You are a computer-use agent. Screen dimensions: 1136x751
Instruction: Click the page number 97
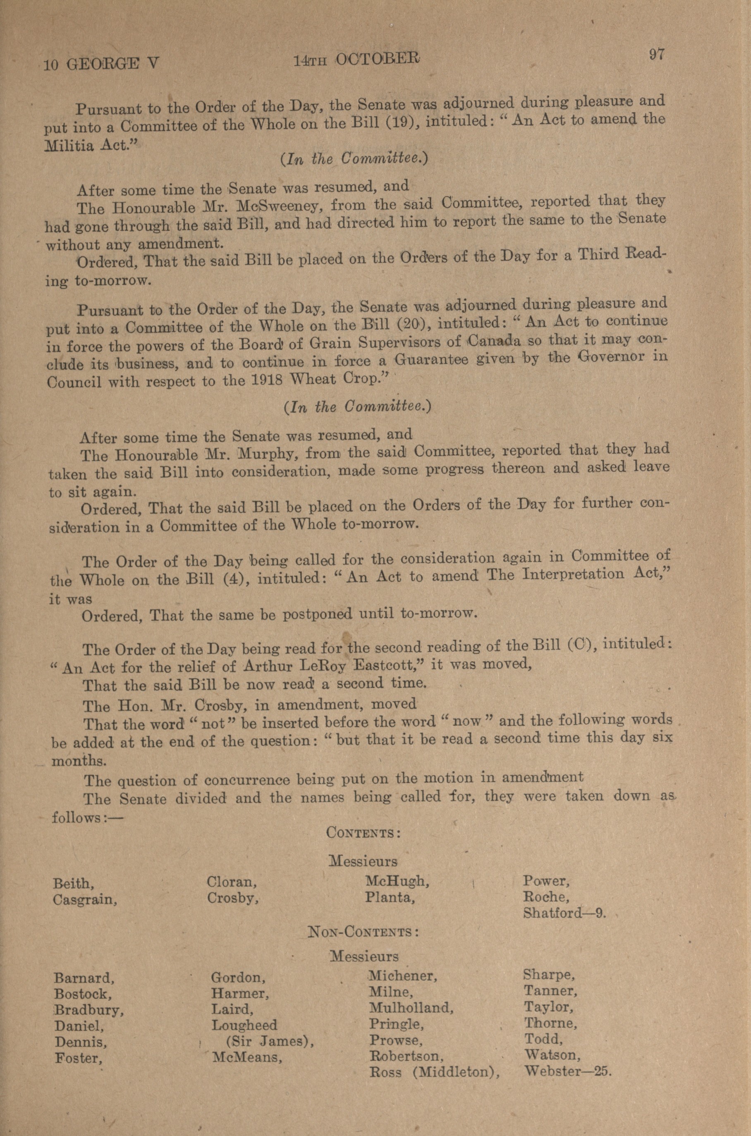(x=657, y=55)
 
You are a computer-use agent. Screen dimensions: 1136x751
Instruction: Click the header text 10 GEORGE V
(x=101, y=64)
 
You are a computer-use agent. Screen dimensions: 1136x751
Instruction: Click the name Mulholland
(x=411, y=1007)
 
